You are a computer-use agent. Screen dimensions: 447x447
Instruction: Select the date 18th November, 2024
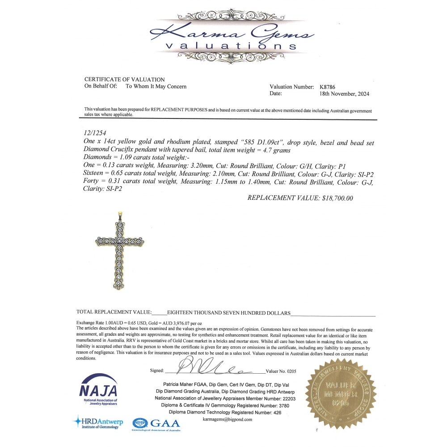(x=344, y=94)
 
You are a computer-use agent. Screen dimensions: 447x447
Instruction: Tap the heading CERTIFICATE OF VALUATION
(x=124, y=80)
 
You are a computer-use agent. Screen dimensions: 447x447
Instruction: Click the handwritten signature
(x=215, y=369)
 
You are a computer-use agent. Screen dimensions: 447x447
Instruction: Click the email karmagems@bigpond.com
(x=228, y=420)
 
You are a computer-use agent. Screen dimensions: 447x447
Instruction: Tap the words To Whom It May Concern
(x=156, y=87)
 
